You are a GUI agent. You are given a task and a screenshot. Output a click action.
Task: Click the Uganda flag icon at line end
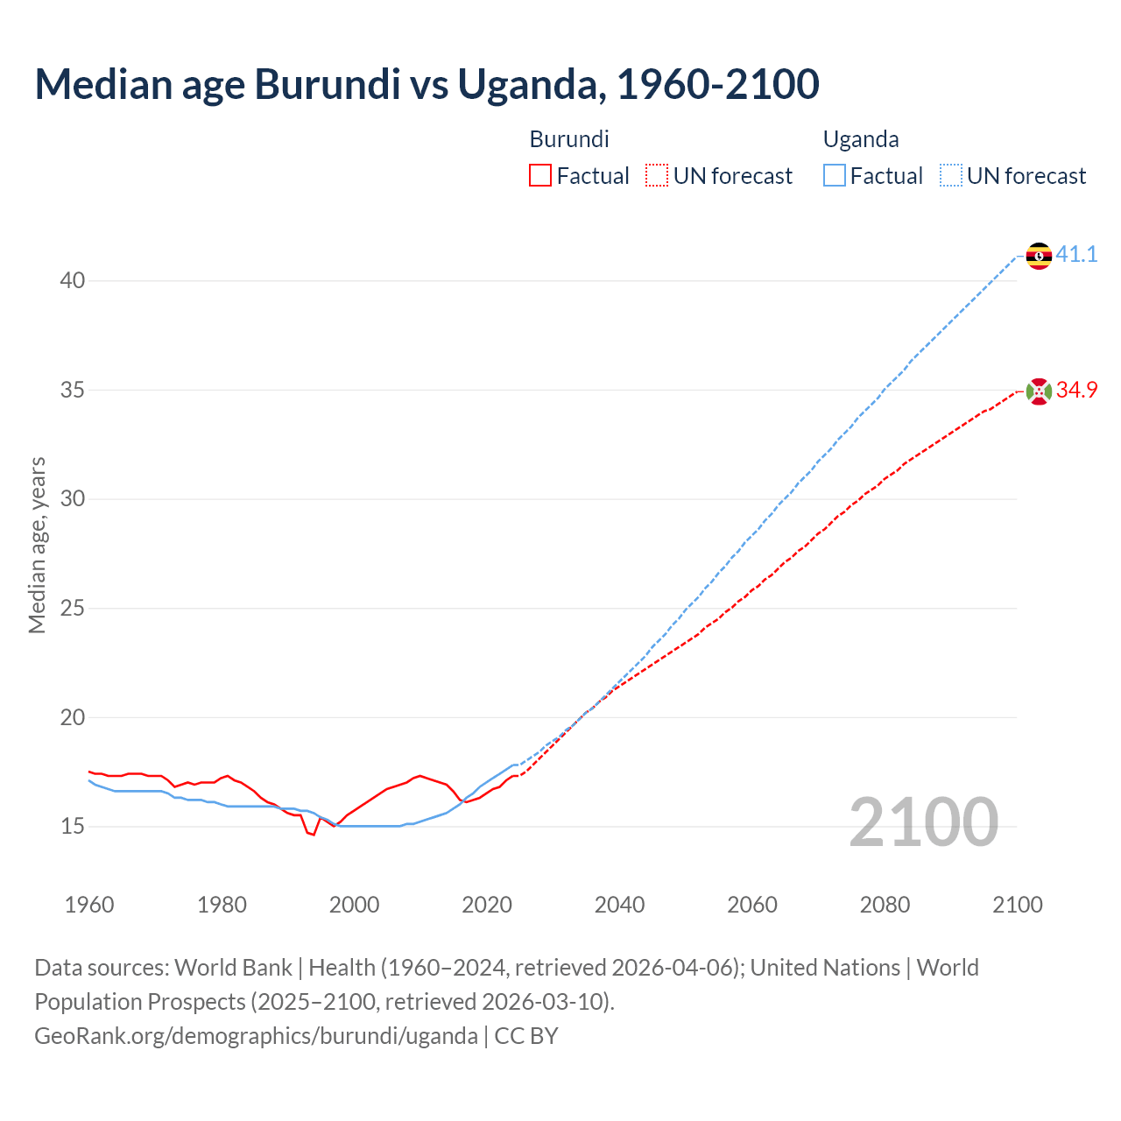coord(1039,256)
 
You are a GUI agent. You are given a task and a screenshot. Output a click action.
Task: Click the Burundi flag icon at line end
coord(1039,391)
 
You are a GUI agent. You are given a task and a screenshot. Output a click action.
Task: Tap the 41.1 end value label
coord(1076,255)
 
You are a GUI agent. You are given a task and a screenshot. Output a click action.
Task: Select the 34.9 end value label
coord(1076,391)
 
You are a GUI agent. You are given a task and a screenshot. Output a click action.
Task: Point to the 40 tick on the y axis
coord(73,281)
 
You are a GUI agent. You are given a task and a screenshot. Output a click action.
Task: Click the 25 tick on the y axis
coord(73,609)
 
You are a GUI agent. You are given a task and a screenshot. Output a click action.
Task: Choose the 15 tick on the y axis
coord(73,827)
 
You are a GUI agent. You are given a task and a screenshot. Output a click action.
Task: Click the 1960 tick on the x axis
coord(89,905)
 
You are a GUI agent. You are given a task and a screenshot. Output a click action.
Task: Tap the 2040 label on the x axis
coord(619,905)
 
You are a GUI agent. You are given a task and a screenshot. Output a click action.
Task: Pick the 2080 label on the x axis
coord(885,905)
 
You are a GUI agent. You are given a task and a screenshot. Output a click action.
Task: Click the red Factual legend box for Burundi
coord(540,176)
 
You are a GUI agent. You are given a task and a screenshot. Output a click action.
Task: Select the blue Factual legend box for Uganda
coord(834,176)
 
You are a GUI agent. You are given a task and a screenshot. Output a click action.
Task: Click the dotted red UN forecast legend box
coord(657,176)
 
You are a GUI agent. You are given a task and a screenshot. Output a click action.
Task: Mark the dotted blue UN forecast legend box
coord(950,176)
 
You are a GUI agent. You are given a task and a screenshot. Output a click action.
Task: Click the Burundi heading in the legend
coord(569,139)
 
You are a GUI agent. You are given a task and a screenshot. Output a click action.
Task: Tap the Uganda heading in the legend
coord(861,139)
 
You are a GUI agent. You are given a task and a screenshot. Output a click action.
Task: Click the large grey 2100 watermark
coord(924,822)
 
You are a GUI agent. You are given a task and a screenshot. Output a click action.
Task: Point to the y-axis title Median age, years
coord(37,545)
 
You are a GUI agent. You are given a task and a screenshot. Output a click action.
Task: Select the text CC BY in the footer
coord(526,1036)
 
